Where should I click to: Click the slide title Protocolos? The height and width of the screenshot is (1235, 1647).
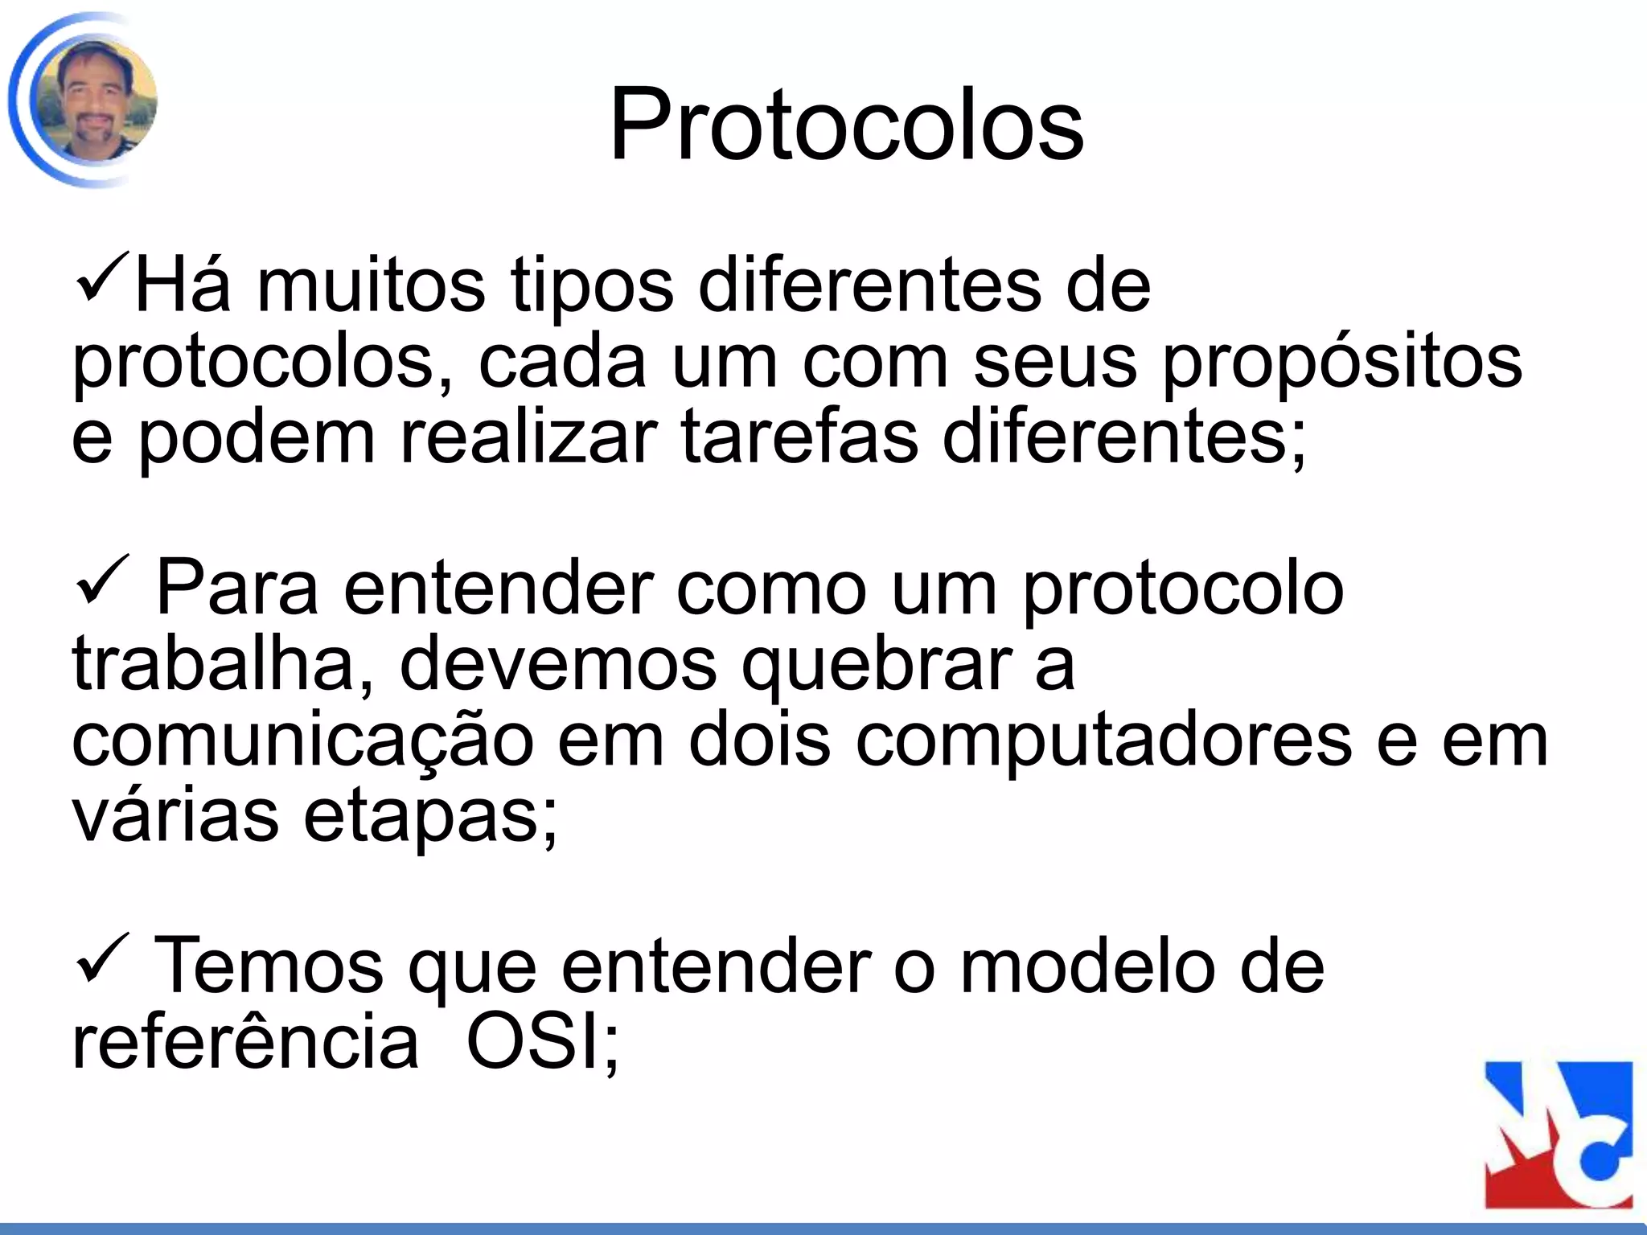coord(846,125)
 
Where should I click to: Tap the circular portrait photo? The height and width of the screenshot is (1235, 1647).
coord(95,101)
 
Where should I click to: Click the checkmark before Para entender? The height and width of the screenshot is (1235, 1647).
coord(101,583)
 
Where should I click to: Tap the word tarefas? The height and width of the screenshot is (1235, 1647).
coord(799,438)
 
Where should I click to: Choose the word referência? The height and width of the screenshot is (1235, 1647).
coord(245,1043)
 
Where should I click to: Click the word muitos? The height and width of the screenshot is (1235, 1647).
coord(371,286)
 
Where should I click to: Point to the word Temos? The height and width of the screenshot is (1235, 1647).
coord(269,967)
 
